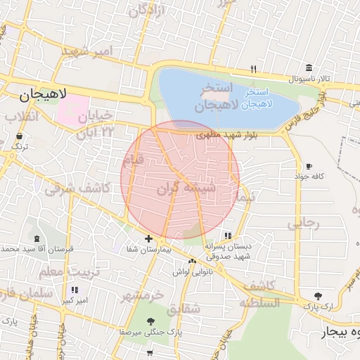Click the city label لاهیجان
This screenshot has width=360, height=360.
43,94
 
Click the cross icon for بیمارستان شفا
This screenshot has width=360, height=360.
148,238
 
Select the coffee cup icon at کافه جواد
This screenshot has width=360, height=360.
309,166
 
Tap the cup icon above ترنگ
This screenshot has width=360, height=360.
18,135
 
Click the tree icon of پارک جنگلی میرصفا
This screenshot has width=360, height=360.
151,321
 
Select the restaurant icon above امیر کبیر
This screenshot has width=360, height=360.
75,290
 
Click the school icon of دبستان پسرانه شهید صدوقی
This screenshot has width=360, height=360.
227,236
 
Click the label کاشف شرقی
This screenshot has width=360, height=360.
77,188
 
